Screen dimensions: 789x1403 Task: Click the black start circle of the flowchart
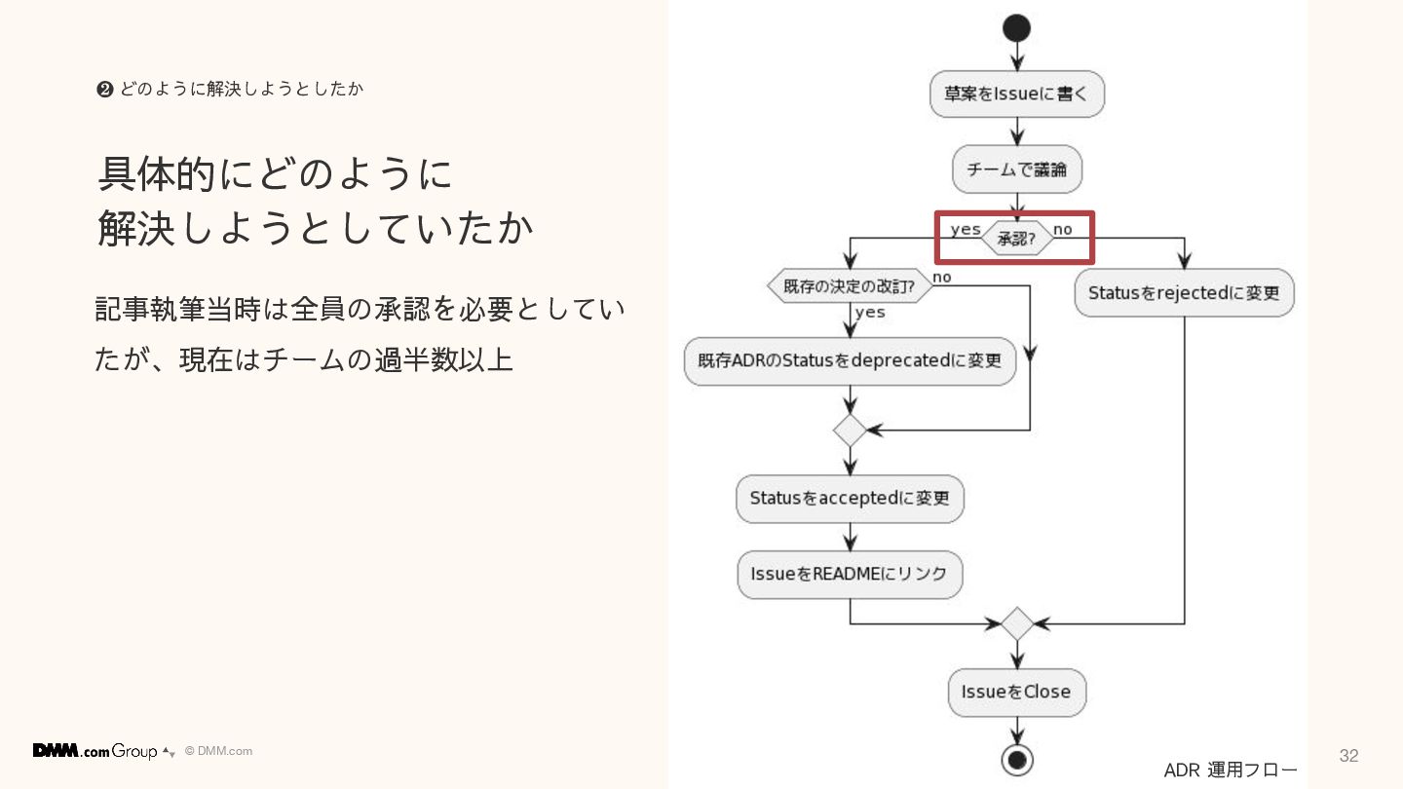point(1016,28)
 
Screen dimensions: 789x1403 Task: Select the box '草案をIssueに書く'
point(1016,94)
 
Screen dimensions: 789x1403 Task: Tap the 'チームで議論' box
point(1016,170)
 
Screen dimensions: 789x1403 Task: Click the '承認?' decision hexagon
point(1016,238)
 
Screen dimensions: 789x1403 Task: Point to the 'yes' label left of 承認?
point(965,230)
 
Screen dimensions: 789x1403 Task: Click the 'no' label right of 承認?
point(1062,230)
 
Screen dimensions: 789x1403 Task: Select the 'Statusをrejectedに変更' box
point(1184,292)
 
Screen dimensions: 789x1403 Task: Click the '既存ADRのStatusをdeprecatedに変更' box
point(850,360)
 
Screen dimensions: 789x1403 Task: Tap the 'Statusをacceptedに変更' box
point(850,498)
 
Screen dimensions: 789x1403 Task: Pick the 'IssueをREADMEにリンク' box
point(850,574)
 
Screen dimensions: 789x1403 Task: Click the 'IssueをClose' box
point(1016,693)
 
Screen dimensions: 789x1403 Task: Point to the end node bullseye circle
point(1016,759)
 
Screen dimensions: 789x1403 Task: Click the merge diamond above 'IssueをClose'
point(1016,623)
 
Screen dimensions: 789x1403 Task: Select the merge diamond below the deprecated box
point(850,430)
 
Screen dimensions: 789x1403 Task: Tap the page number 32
point(1348,756)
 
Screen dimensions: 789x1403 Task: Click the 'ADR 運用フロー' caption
point(1231,770)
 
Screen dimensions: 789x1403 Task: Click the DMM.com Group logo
point(95,751)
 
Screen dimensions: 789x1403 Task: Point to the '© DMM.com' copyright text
point(218,751)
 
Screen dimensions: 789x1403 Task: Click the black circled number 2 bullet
point(104,90)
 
